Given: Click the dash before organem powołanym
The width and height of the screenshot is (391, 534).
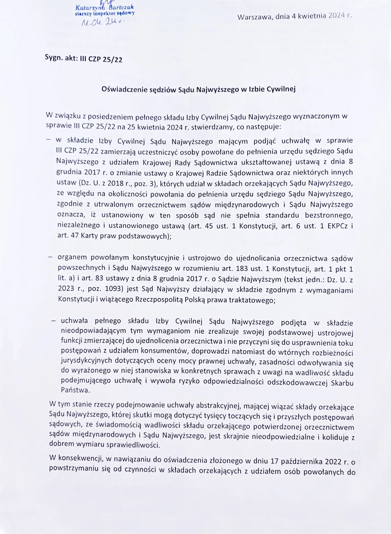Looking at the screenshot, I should [50, 257].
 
